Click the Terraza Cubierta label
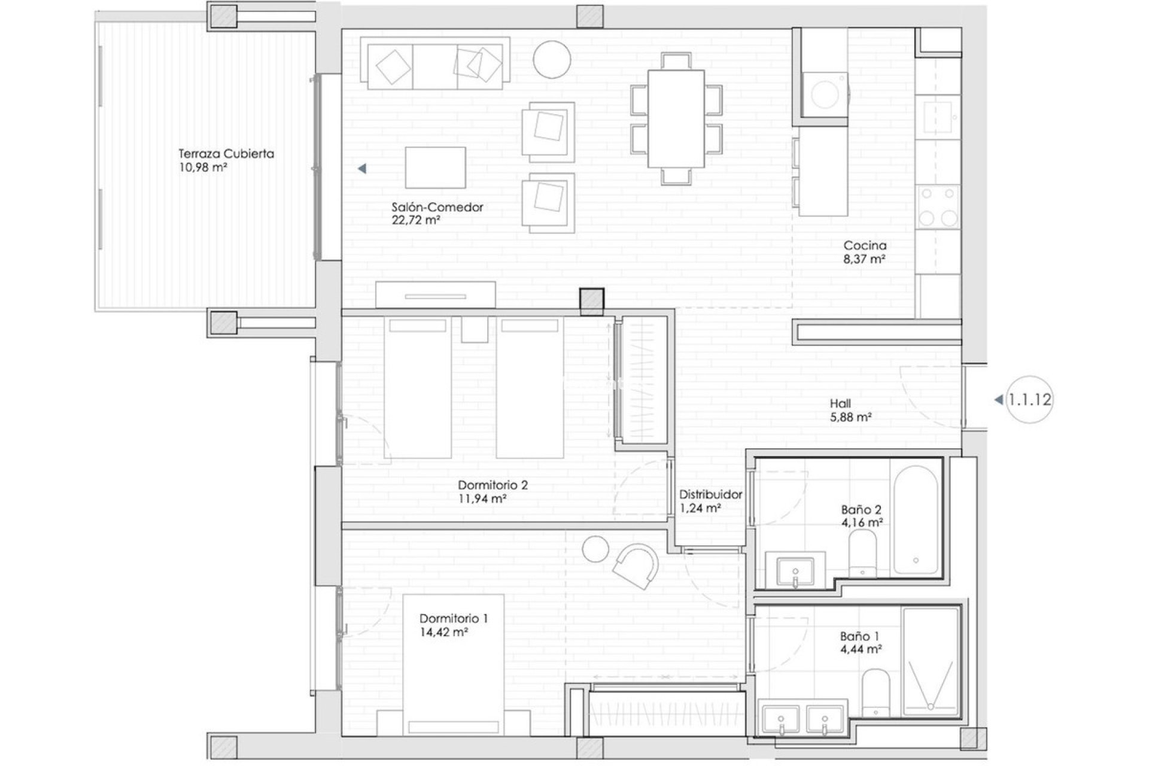coord(226,154)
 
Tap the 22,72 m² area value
coord(417,220)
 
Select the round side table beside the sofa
coord(551,59)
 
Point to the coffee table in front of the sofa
coord(435,168)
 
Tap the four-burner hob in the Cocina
coord(938,206)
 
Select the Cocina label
coord(865,245)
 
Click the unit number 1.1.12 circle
coord(1029,400)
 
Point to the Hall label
coord(840,404)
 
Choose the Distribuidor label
coord(710,495)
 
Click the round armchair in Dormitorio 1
coord(636,566)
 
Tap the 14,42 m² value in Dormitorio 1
coord(444,632)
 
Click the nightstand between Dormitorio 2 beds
coord(474,330)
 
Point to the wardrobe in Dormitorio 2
coord(642,381)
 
